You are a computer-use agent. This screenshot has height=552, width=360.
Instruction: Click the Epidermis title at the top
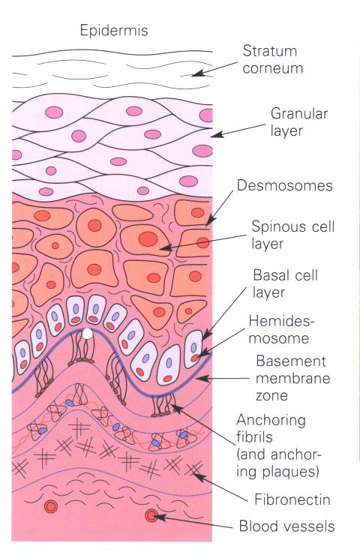pyautogui.click(x=114, y=31)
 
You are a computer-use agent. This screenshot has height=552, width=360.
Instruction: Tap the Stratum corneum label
pyautogui.click(x=273, y=59)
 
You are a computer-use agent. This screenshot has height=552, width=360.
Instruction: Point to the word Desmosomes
pyautogui.click(x=285, y=185)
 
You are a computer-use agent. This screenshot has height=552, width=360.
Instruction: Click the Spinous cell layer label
pyautogui.click(x=292, y=235)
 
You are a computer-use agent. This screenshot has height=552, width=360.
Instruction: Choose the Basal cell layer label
pyautogui.click(x=286, y=283)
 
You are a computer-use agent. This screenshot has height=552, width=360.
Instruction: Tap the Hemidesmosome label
pyautogui.click(x=281, y=329)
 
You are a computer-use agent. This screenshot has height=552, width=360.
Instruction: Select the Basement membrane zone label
pyautogui.click(x=292, y=379)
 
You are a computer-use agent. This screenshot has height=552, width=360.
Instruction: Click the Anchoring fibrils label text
pyautogui.click(x=279, y=445)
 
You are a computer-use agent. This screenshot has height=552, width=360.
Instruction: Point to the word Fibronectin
pyautogui.click(x=292, y=499)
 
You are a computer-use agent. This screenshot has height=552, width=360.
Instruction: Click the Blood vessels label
pyautogui.click(x=286, y=526)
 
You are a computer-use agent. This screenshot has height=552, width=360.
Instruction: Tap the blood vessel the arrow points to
pyautogui.click(x=151, y=516)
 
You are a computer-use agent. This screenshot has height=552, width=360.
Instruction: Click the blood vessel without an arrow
pyautogui.click(x=51, y=506)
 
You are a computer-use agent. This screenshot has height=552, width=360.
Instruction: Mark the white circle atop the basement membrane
pyautogui.click(x=87, y=334)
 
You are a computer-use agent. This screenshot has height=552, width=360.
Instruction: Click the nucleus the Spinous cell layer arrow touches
pyautogui.click(x=148, y=239)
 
